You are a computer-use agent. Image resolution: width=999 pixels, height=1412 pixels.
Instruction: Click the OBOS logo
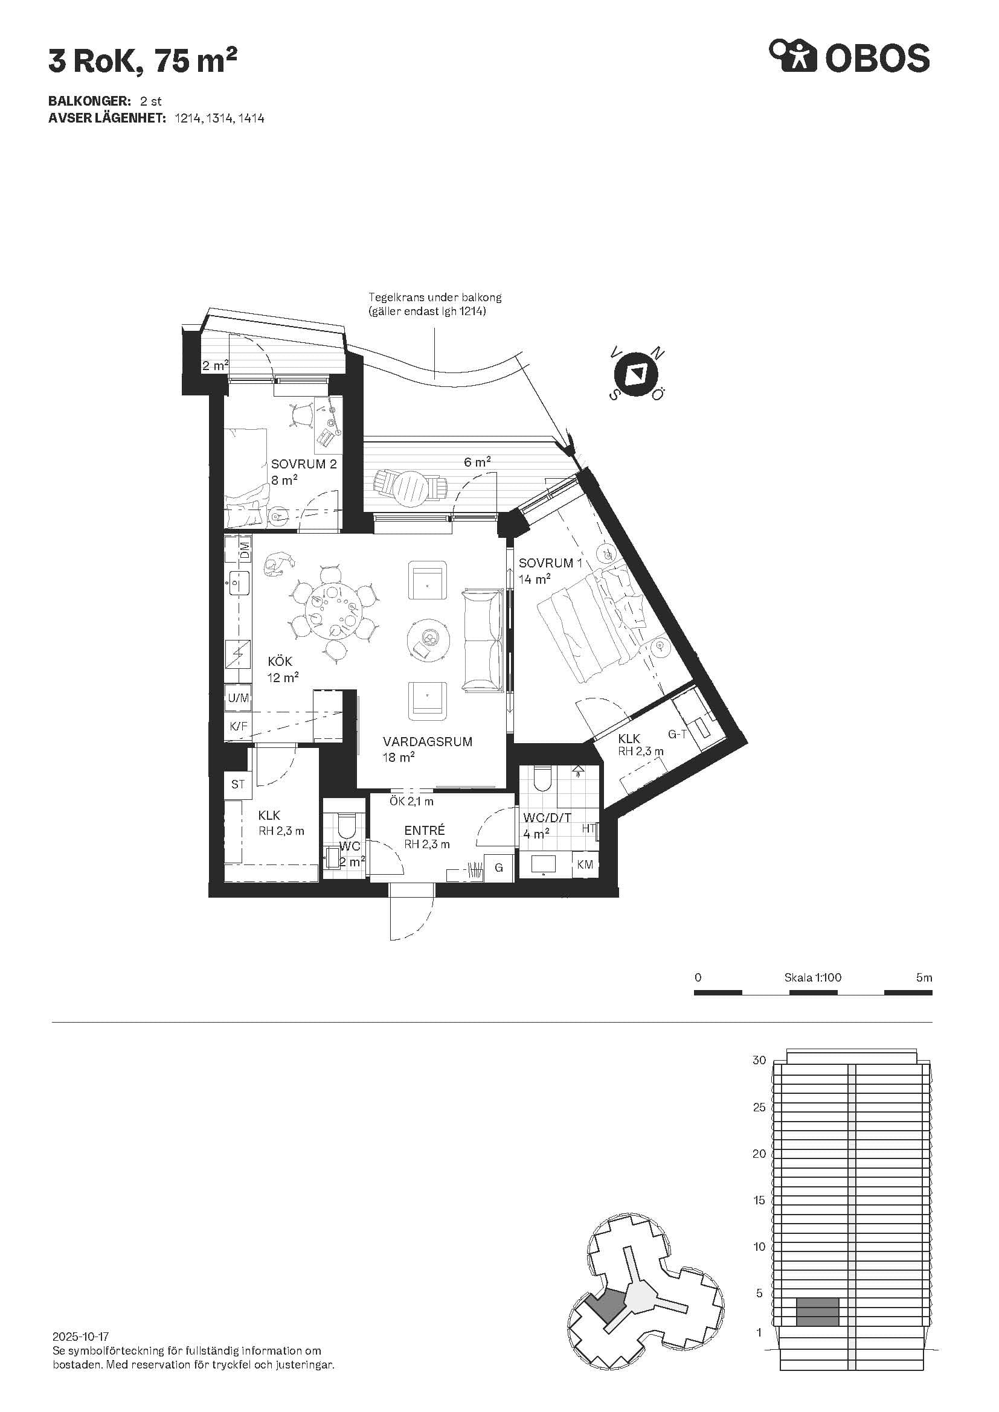coord(850,57)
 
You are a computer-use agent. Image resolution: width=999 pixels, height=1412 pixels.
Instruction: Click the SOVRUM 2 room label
coord(304,464)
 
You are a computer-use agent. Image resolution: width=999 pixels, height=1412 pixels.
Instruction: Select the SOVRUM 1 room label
coord(550,563)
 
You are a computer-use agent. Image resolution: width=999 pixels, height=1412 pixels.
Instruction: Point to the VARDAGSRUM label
coord(428,742)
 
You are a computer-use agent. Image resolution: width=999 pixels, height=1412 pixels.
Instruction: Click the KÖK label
coord(280,662)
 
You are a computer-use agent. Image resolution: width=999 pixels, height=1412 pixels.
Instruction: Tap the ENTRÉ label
coord(425,831)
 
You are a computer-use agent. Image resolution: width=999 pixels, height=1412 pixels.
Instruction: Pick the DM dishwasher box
coord(245,550)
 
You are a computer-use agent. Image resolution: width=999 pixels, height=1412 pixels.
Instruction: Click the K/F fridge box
coord(238,726)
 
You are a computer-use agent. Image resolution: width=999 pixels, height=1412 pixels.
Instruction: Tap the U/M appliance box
coord(238,698)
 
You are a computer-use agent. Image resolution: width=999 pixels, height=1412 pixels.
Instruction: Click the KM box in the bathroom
coord(585,864)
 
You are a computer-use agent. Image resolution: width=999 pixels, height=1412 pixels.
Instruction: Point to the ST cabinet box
coord(238,784)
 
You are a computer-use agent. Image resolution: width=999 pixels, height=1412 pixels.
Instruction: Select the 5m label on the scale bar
coord(924,977)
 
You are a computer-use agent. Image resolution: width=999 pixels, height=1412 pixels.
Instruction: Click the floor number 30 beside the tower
coord(759,1060)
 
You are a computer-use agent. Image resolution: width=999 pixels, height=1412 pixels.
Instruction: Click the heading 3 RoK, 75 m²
coord(143,62)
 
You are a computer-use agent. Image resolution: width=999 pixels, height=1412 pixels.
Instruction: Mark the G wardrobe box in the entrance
coord(499,867)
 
